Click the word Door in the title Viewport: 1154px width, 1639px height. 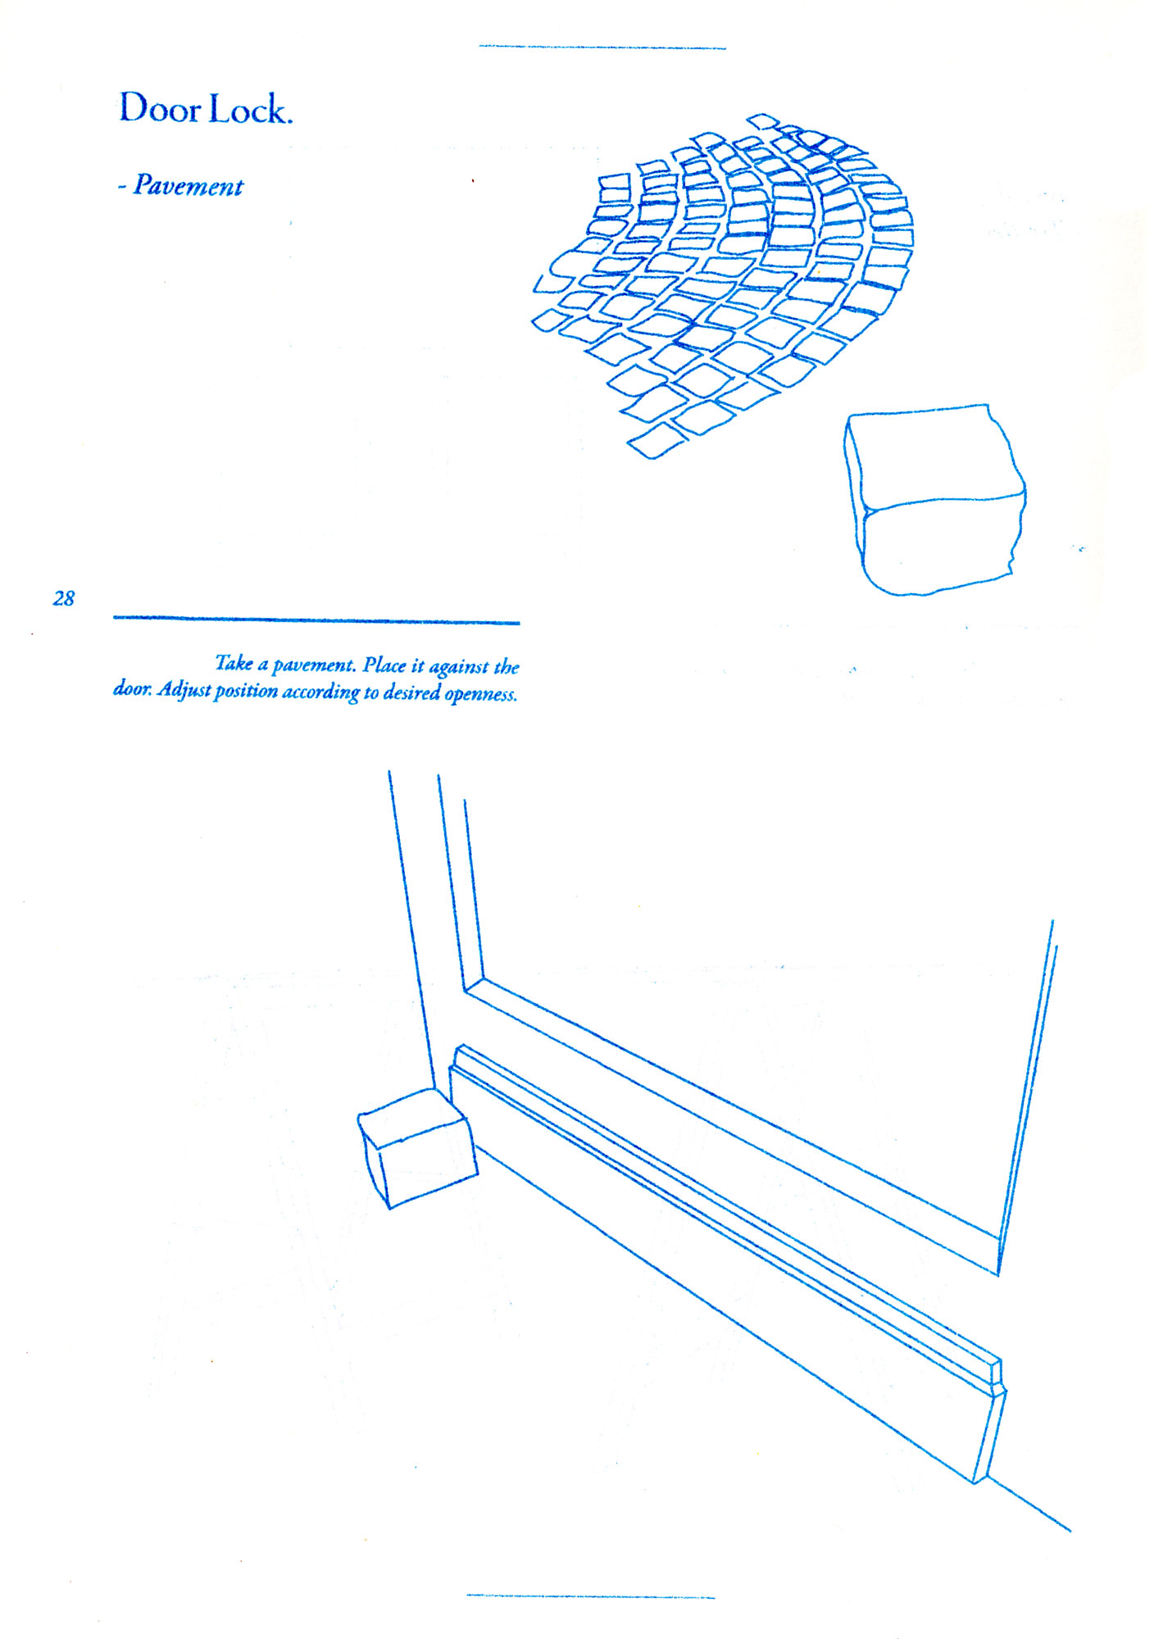161,107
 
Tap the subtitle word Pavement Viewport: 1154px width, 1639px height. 189,186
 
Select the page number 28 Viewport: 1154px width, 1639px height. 64,598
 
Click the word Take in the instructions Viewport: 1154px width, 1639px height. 234,663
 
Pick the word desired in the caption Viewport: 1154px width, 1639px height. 412,692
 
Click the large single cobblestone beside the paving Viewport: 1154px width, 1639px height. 935,498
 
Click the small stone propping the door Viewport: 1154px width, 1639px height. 418,1148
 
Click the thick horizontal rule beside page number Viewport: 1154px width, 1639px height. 316,620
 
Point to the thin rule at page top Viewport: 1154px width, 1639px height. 602,48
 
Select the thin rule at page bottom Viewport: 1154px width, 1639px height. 590,1596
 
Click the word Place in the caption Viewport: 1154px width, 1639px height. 384,665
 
